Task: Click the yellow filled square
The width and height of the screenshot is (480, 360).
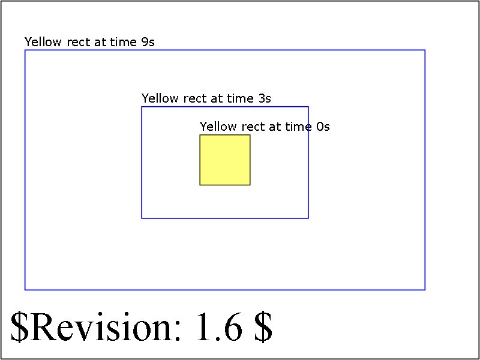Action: point(225,160)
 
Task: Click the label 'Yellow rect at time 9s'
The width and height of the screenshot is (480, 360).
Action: point(89,42)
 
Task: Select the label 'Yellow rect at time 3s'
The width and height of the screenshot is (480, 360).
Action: point(206,98)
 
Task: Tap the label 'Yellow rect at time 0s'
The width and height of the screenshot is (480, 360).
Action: point(265,127)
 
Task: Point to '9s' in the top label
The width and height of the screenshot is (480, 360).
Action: point(148,42)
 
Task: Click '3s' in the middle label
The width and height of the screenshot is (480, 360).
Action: point(264,98)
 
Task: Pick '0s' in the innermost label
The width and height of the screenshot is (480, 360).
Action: point(323,127)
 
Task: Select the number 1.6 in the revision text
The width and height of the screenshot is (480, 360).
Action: point(219,327)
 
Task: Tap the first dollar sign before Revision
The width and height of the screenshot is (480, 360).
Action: point(19,327)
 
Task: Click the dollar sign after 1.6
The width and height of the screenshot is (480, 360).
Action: point(263,327)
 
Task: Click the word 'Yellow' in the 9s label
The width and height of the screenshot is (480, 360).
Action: point(43,42)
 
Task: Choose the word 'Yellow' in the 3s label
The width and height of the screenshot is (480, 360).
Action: point(160,98)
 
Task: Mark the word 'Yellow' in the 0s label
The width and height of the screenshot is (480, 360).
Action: point(218,127)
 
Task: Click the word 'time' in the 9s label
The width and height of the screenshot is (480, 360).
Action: point(124,42)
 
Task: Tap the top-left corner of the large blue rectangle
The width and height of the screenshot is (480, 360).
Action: point(25,50)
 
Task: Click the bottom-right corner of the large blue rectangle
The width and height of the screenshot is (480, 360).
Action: point(425,290)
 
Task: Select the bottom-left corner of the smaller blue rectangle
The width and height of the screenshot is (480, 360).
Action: point(142,218)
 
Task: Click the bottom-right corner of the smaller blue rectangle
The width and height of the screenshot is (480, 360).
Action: point(308,218)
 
